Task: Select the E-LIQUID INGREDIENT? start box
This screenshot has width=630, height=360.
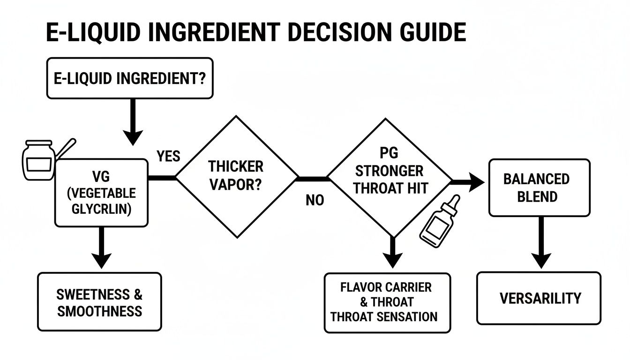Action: (129, 78)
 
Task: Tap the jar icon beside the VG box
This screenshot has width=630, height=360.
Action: (38, 161)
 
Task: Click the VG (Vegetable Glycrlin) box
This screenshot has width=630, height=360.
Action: (101, 193)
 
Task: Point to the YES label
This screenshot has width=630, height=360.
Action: (168, 156)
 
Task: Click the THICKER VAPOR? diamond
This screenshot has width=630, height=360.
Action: (236, 177)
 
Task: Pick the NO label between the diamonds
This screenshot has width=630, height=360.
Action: (315, 200)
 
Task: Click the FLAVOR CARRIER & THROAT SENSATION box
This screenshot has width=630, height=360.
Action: (387, 302)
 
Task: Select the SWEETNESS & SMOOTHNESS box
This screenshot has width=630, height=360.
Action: (99, 302)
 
